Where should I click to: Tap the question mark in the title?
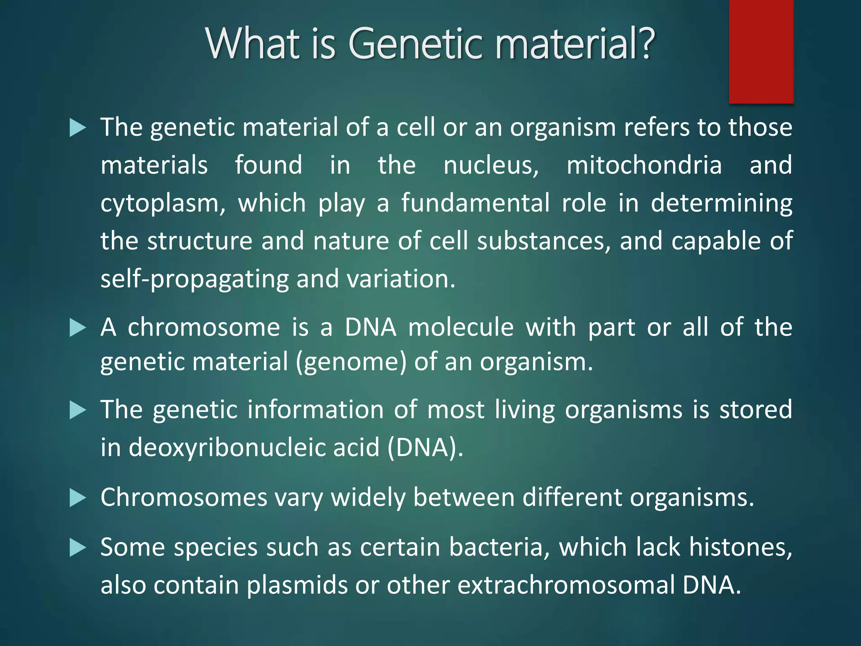(x=643, y=43)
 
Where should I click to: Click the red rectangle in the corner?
(x=761, y=51)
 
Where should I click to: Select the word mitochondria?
(x=644, y=165)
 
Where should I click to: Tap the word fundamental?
(x=475, y=203)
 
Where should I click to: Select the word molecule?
(x=461, y=327)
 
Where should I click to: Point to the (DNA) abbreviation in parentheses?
(x=425, y=447)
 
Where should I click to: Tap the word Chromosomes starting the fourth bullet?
(x=184, y=498)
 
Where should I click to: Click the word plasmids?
(x=297, y=585)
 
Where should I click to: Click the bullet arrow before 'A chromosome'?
(x=77, y=328)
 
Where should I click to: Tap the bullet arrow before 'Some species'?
(x=77, y=548)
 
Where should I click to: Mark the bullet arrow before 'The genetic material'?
(x=77, y=127)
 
